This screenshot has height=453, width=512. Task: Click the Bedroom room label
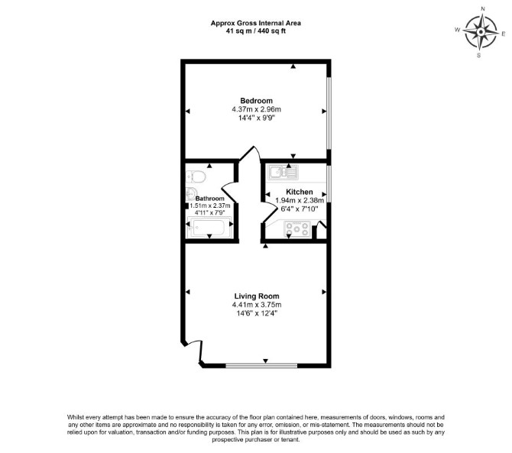tap(256, 101)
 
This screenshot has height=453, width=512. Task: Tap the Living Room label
tap(257, 296)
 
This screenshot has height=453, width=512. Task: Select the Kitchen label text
tap(300, 192)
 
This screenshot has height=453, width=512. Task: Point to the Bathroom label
tap(210, 199)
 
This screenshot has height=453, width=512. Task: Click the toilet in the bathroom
tap(196, 177)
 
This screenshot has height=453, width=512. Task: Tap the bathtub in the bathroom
tap(209, 228)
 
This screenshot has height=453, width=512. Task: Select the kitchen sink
tap(283, 172)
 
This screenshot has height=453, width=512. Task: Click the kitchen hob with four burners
tap(297, 228)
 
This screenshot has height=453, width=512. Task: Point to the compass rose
tap(481, 32)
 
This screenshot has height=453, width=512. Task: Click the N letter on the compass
tap(483, 9)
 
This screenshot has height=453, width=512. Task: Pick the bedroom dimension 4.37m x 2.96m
tap(256, 109)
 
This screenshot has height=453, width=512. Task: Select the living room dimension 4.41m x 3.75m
tap(257, 305)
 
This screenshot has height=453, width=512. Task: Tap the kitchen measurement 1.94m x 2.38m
tap(300, 200)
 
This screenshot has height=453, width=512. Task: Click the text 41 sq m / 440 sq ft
tap(256, 31)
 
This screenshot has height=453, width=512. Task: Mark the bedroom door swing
tap(250, 154)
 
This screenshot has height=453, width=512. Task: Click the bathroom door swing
tap(229, 193)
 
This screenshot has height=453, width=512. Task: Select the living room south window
tap(261, 366)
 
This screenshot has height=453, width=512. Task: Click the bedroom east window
tap(329, 114)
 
